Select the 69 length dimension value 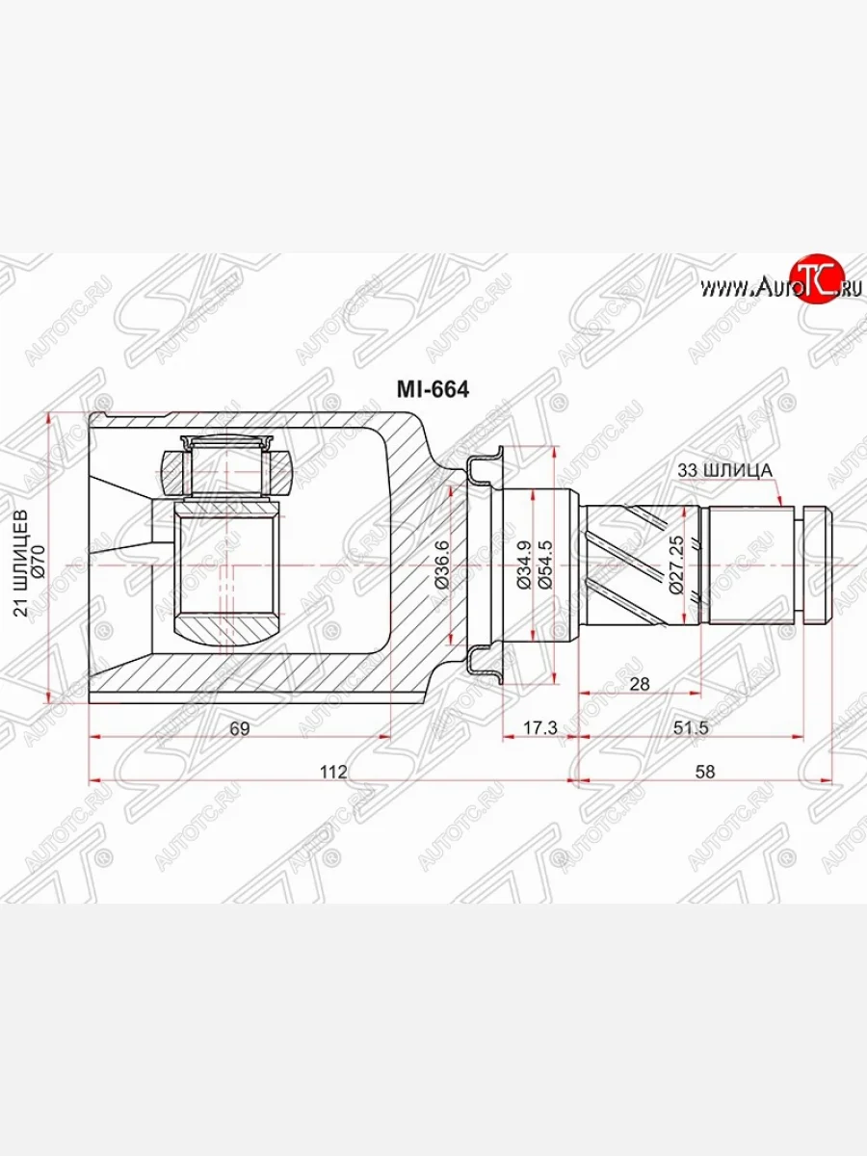(240, 729)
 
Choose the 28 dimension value (640, 684)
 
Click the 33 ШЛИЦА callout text (722, 470)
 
